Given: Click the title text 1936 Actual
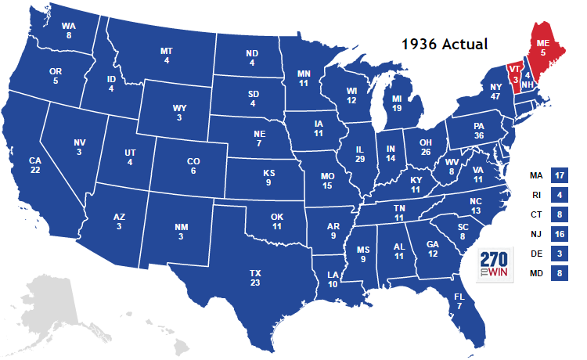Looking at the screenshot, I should [444, 44].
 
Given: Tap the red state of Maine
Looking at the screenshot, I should [542, 47].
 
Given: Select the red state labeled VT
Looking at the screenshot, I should [514, 74].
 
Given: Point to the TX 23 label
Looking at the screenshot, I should [256, 279].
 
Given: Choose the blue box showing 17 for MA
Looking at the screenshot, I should [559, 177].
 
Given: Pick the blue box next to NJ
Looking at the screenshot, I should [559, 234].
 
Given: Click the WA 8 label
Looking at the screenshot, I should [69, 30].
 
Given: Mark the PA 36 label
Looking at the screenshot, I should [479, 129].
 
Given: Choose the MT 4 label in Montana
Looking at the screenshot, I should [167, 56].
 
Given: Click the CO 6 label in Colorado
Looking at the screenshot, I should [193, 166].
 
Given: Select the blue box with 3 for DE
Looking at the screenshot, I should [559, 254].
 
